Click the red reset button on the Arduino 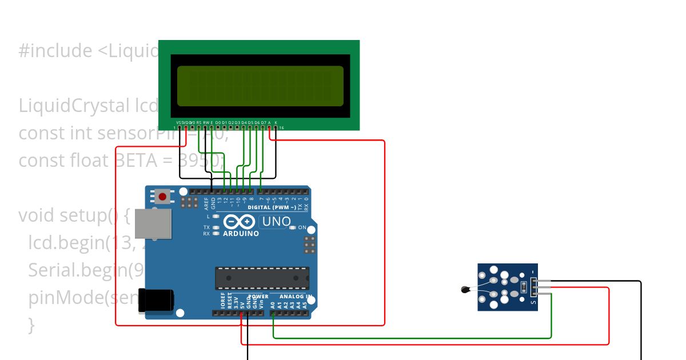(x=162, y=197)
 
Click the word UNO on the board (x=276, y=221)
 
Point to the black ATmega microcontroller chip (x=262, y=278)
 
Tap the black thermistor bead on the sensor (x=464, y=290)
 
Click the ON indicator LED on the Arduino (x=292, y=227)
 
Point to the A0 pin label (x=273, y=305)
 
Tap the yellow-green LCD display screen (x=260, y=86)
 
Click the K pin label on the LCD (x=276, y=122)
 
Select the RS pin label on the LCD (x=199, y=122)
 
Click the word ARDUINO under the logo (x=241, y=234)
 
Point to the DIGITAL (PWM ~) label (x=272, y=207)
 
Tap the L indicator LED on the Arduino (x=216, y=217)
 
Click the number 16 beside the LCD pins (x=282, y=128)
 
